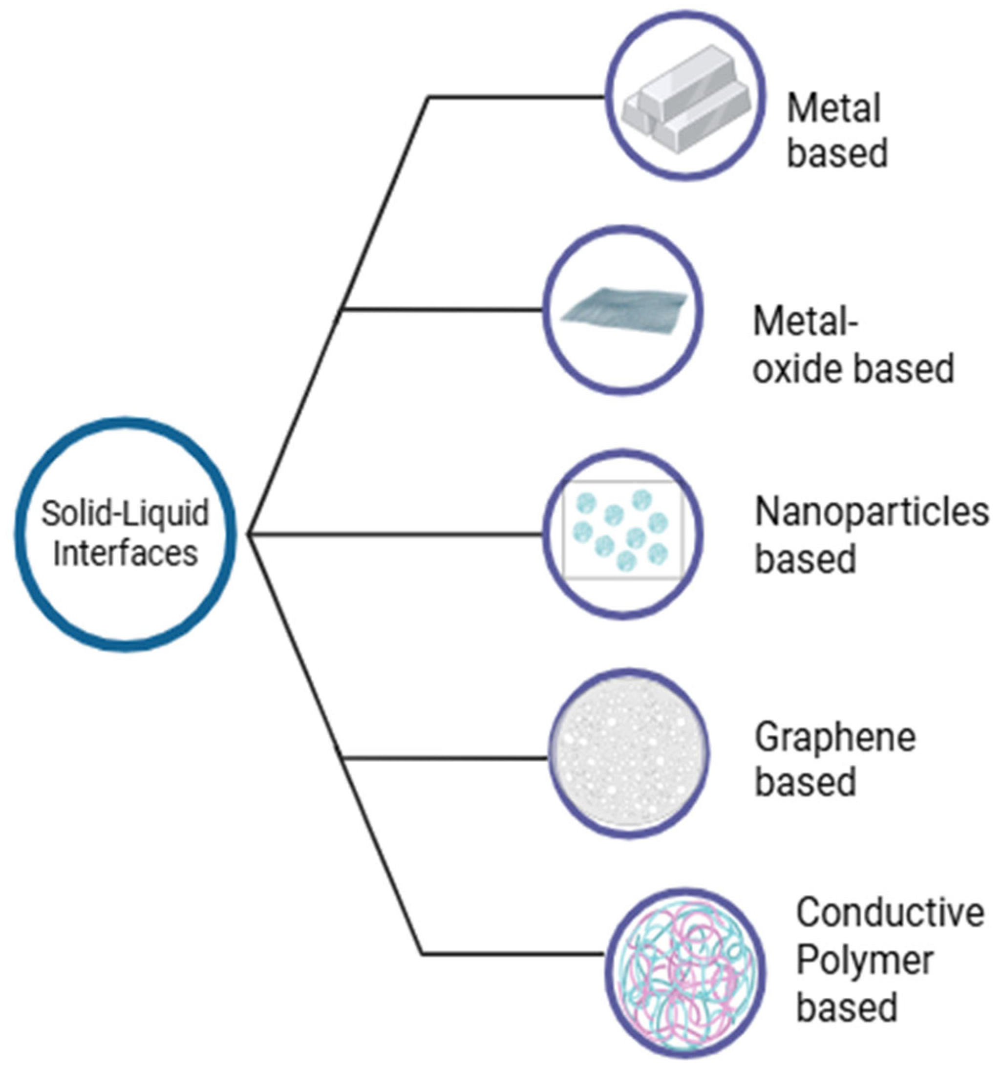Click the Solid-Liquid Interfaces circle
coord(125,534)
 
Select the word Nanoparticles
coord(872,512)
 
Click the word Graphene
coord(835,738)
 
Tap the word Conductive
coord(890,913)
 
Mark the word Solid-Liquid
coord(125,513)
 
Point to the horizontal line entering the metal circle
coord(516,97)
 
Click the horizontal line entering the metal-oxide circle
coord(441,309)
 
